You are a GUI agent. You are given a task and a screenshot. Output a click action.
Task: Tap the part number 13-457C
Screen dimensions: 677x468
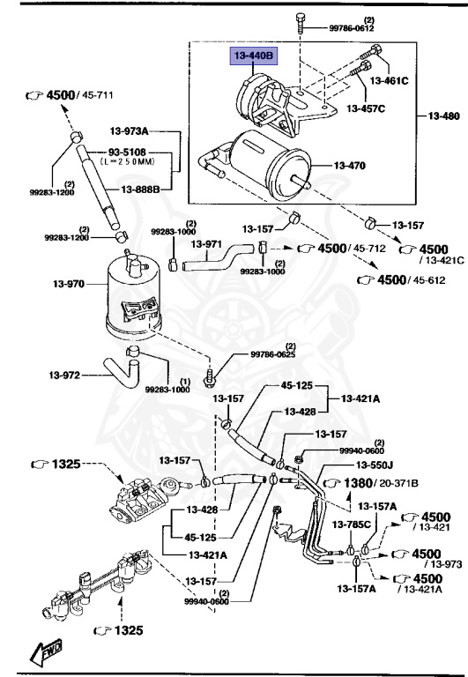click(367, 108)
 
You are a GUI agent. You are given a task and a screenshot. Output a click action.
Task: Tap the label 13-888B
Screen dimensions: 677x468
click(140, 190)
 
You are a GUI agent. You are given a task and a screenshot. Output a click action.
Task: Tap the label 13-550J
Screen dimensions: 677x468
click(376, 465)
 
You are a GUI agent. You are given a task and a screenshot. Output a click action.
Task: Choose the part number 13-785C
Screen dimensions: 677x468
click(352, 526)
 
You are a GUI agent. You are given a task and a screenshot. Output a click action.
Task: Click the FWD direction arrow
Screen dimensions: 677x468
click(44, 652)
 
